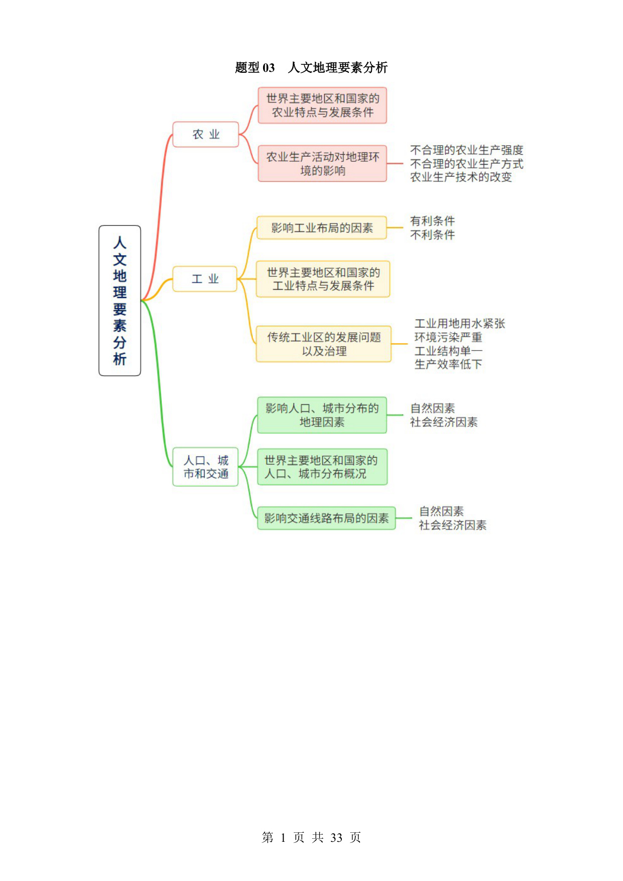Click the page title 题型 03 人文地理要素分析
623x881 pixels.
coord(311,67)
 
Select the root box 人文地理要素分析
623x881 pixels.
coord(119,300)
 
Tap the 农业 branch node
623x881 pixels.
coord(206,134)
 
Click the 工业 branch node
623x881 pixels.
coord(205,279)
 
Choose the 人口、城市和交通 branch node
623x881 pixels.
coord(205,467)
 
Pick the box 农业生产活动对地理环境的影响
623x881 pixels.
coord(322,163)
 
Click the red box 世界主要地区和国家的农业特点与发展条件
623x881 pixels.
coord(322,105)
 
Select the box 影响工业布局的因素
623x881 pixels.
coord(322,228)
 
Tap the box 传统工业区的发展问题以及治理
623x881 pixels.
coord(324,344)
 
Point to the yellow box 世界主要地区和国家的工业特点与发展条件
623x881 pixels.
coord(323,279)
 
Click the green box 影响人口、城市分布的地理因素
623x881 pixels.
coord(322,415)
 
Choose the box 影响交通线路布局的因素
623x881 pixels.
coord(326,518)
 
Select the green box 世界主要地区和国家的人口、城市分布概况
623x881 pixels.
coord(322,467)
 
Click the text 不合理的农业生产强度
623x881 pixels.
coord(467,150)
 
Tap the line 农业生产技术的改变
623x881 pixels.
coord(461,177)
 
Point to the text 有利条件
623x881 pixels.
coord(432,221)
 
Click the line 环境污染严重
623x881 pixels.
coord(448,337)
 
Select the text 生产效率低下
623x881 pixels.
coord(448,364)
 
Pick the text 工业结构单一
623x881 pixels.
coord(448,351)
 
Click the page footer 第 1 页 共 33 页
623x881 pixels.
coord(311,837)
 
